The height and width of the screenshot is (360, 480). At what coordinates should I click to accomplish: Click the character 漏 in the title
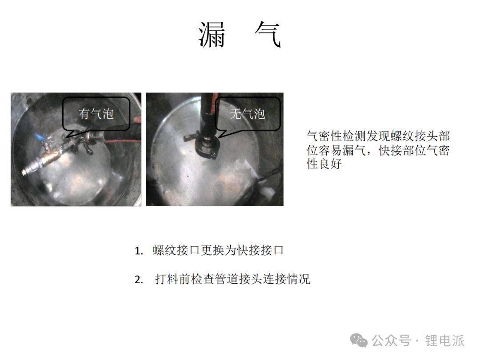(x=212, y=35)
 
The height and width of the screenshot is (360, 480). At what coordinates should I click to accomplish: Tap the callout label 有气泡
(x=96, y=114)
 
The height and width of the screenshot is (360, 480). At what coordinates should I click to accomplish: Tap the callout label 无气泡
(x=248, y=114)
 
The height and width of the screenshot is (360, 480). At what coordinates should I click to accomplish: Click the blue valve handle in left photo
(x=39, y=136)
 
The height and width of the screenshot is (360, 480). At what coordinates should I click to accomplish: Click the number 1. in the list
(x=139, y=251)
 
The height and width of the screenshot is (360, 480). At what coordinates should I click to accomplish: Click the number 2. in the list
(x=139, y=280)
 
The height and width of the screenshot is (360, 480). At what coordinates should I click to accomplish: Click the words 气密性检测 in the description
(x=336, y=136)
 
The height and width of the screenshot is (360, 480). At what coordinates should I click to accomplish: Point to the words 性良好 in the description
(x=324, y=164)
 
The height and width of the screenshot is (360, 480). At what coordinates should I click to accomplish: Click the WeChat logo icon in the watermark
(x=359, y=340)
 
